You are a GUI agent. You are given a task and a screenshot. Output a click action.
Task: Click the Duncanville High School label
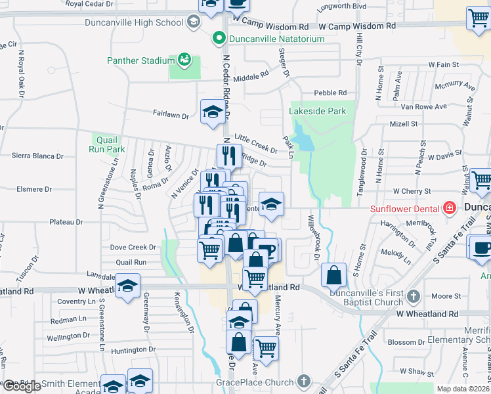click(x=134, y=23)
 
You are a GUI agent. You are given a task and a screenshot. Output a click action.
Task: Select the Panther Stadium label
click(x=140, y=61)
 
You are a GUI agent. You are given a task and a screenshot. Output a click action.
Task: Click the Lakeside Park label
click(x=318, y=112)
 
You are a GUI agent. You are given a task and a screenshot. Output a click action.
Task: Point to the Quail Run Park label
click(x=106, y=144)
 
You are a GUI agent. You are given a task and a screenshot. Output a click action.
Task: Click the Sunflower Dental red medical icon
click(x=449, y=209)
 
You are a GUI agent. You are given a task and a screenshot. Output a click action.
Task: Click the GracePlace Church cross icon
click(x=303, y=381)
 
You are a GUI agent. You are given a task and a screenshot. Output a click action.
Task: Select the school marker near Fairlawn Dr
click(x=213, y=112)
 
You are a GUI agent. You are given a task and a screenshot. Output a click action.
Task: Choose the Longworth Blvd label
click(x=341, y=7)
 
